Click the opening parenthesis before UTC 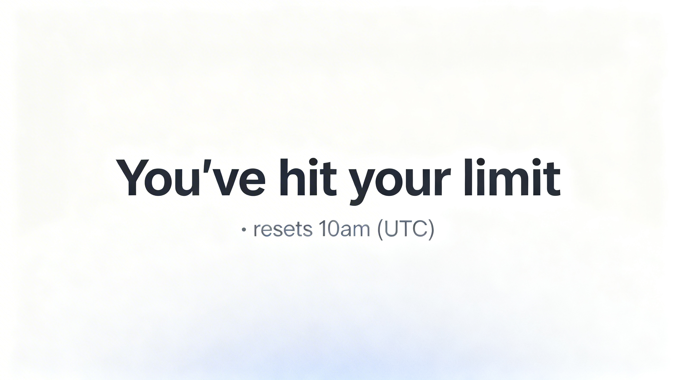click(x=381, y=230)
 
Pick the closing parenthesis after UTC click(x=431, y=230)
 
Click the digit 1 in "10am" click(x=323, y=229)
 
